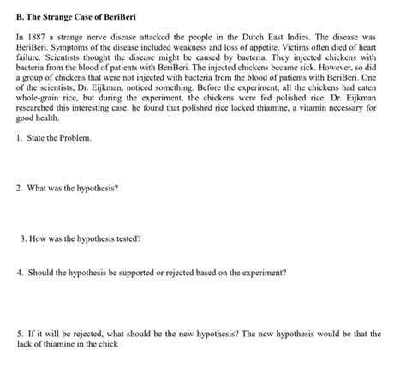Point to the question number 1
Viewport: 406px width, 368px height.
(x=20, y=137)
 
